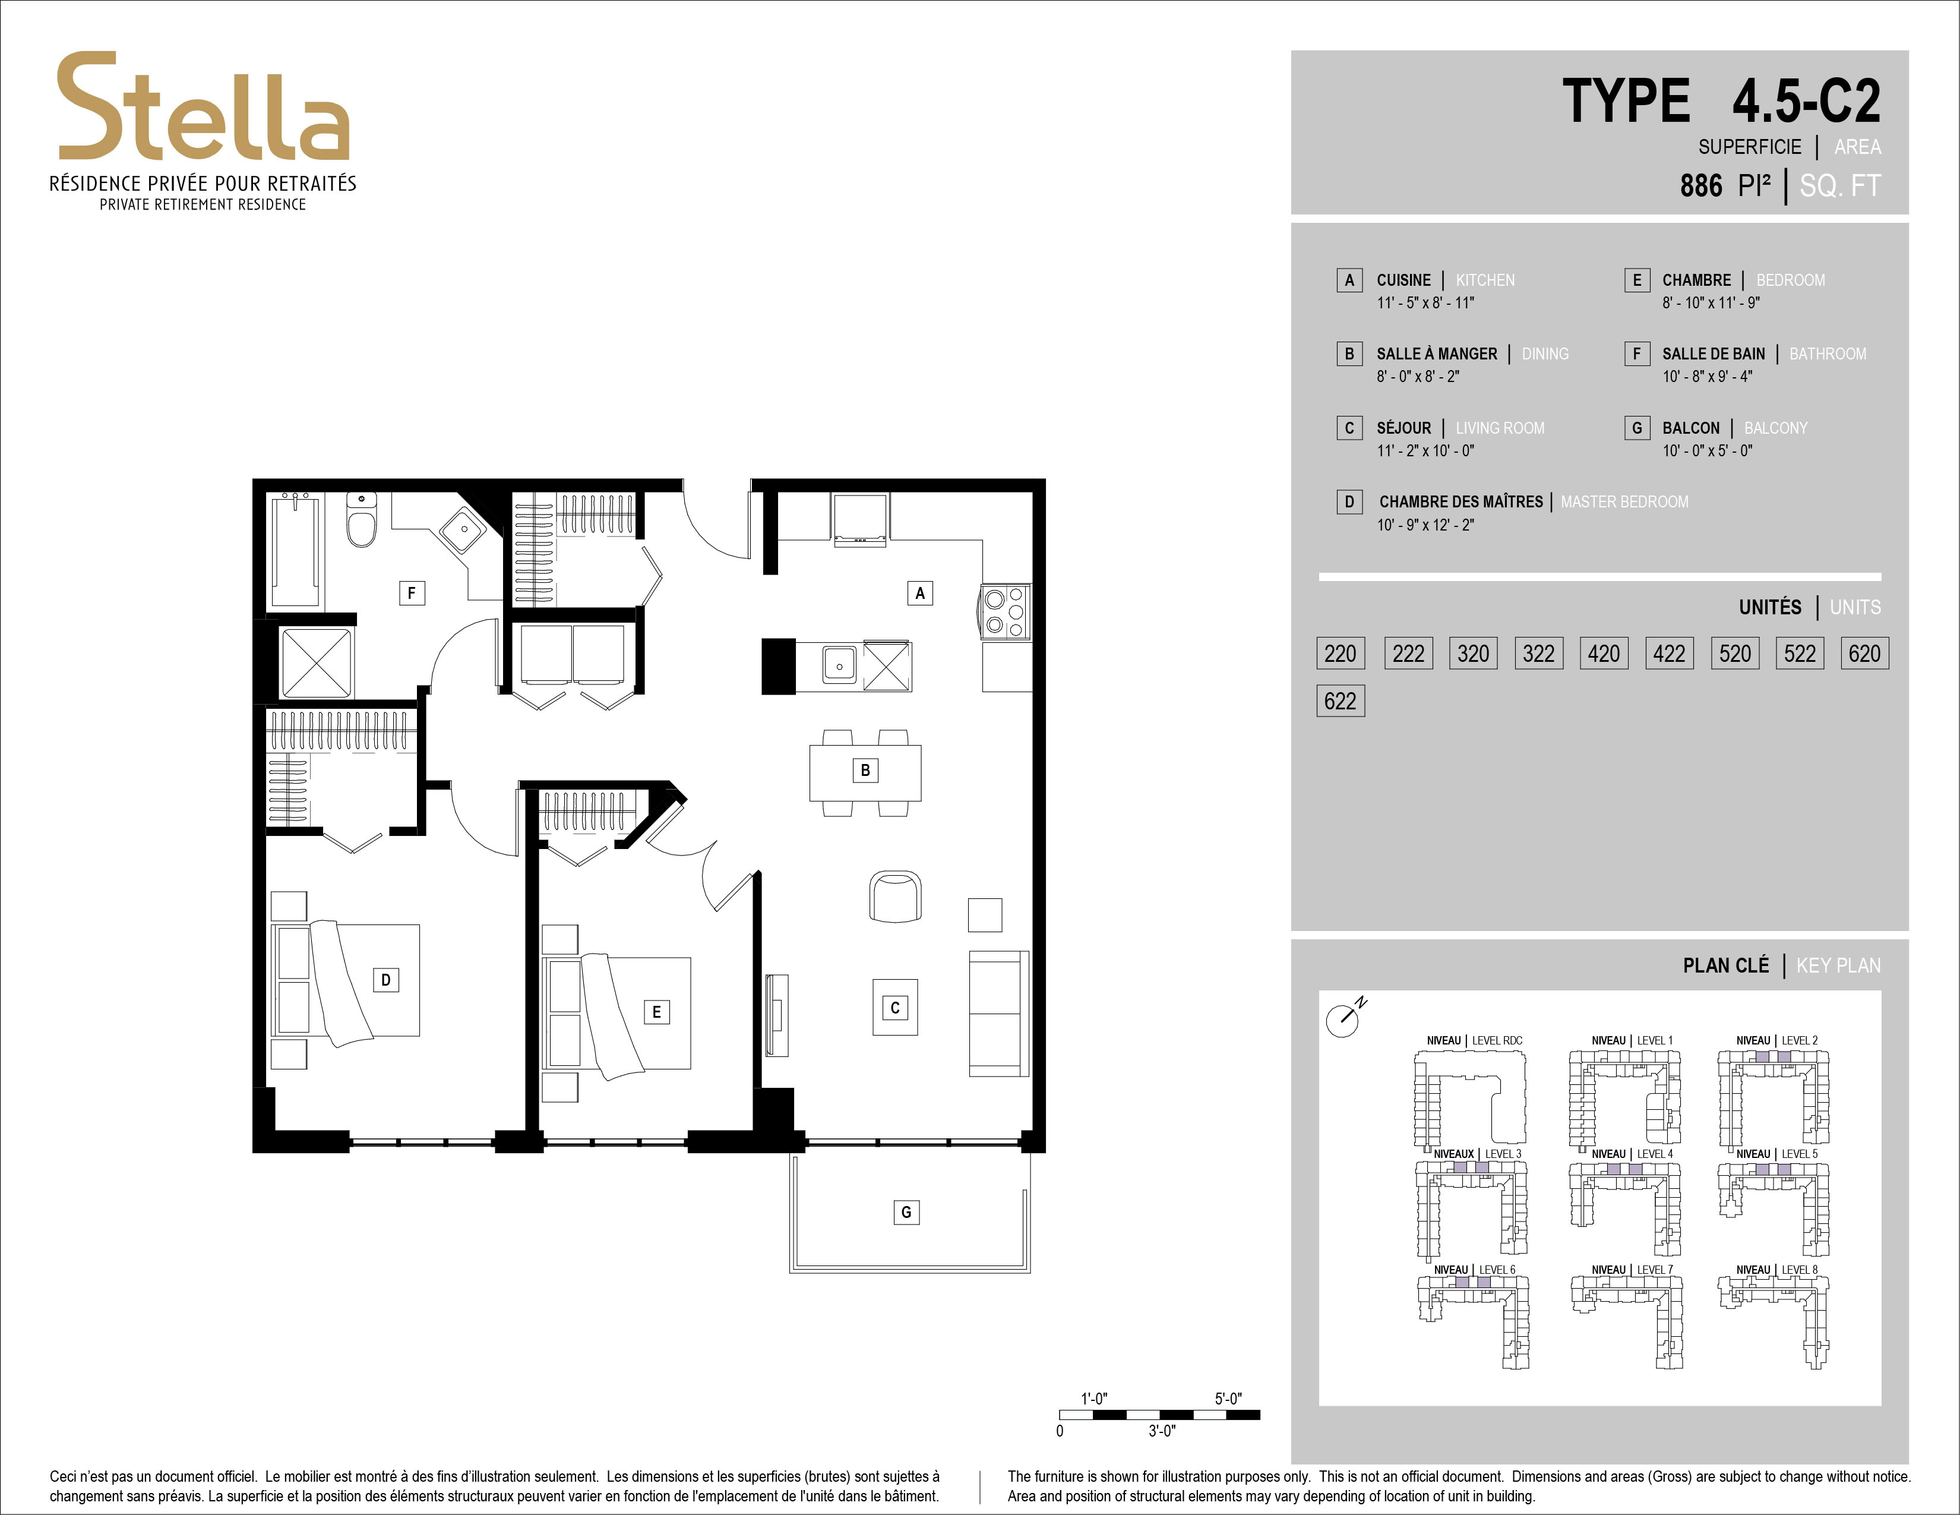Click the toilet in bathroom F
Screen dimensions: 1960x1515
coord(362,520)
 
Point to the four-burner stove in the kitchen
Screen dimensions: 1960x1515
coord(1005,611)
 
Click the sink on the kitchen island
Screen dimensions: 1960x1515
coord(840,665)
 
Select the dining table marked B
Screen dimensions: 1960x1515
coord(865,772)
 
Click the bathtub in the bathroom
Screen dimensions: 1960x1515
coord(296,550)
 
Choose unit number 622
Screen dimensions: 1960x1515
coord(1340,701)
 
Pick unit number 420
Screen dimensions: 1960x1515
coord(1603,654)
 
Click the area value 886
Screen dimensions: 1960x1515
coord(1700,186)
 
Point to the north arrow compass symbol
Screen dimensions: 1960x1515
coord(1344,1017)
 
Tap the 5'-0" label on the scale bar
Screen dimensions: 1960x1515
coord(1228,1399)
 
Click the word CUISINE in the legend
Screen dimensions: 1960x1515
coord(1403,280)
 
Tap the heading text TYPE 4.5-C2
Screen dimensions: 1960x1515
coord(1721,100)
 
